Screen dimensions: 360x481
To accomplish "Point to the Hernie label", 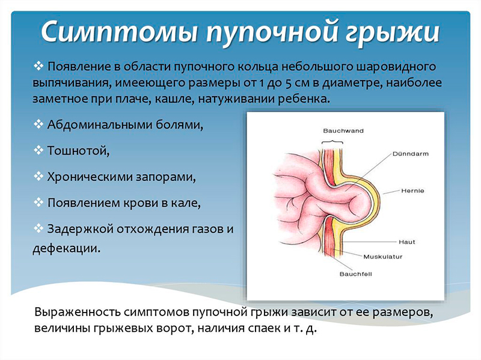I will click(x=412, y=191).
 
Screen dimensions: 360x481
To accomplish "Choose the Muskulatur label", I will click(x=382, y=256).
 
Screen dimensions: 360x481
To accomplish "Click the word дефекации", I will click(x=65, y=247).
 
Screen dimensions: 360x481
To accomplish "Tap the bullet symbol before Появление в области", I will click(x=40, y=64).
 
